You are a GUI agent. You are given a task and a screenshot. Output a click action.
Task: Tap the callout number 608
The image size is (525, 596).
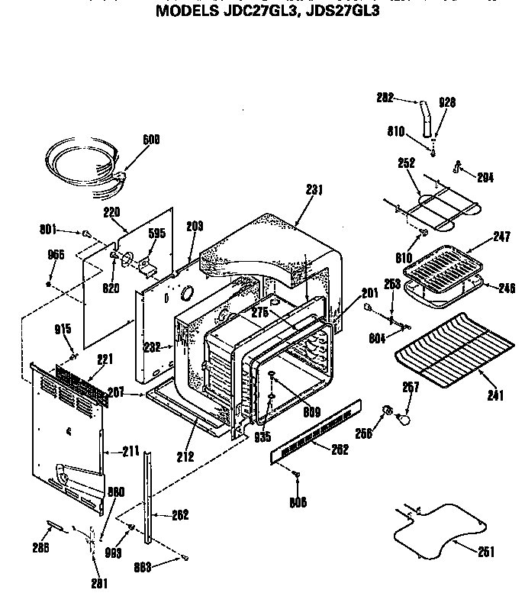coord(153,140)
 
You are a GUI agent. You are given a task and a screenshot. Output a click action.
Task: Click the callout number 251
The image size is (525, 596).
coord(485,552)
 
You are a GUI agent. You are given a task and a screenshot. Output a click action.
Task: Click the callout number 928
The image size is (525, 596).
coord(446,101)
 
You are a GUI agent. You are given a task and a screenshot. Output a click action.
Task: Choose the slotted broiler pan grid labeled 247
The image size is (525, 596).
coord(444,264)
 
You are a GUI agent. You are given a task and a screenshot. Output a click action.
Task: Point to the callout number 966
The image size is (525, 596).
coord(56,255)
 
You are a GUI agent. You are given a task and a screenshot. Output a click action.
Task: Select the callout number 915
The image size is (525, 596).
coord(63,329)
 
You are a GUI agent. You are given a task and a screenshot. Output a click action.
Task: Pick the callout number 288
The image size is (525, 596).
coord(40,547)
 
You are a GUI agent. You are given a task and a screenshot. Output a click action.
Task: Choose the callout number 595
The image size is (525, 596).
coord(156,234)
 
